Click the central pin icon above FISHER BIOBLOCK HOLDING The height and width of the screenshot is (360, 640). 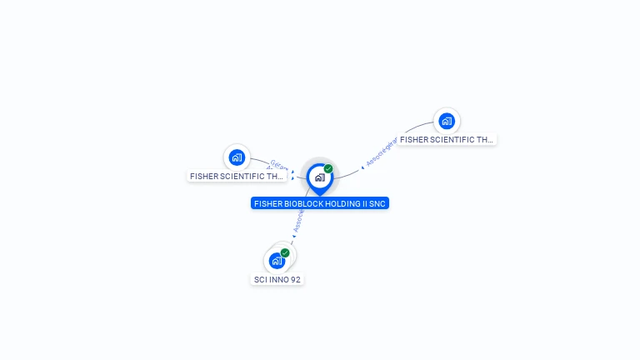(319, 177)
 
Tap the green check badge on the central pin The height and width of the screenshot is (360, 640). (328, 169)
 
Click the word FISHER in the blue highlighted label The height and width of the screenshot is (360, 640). (267, 203)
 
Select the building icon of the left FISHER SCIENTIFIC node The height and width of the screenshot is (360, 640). (237, 157)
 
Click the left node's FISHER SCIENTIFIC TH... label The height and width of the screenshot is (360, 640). (237, 176)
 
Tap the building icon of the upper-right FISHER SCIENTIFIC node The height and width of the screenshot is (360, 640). (447, 121)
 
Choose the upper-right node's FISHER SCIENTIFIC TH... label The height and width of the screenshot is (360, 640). (447, 140)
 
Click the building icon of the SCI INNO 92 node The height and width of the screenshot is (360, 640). (277, 261)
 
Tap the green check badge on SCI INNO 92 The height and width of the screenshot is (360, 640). (285, 252)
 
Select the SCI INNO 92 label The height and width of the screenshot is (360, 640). (277, 280)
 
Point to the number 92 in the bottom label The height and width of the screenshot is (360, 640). (295, 280)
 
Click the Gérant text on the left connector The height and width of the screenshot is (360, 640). (278, 165)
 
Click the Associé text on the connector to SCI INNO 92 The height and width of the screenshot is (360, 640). (297, 220)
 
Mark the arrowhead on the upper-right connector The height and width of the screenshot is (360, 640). (362, 166)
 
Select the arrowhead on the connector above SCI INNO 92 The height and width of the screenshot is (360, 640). (293, 237)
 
